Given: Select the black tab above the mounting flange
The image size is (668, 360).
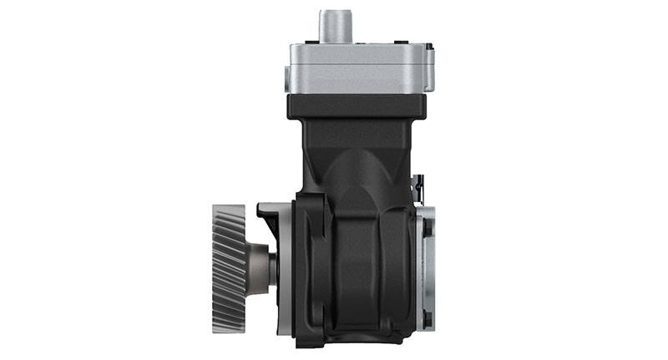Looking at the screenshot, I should [269, 213].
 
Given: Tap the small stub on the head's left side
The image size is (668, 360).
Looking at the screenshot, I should [286, 80].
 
